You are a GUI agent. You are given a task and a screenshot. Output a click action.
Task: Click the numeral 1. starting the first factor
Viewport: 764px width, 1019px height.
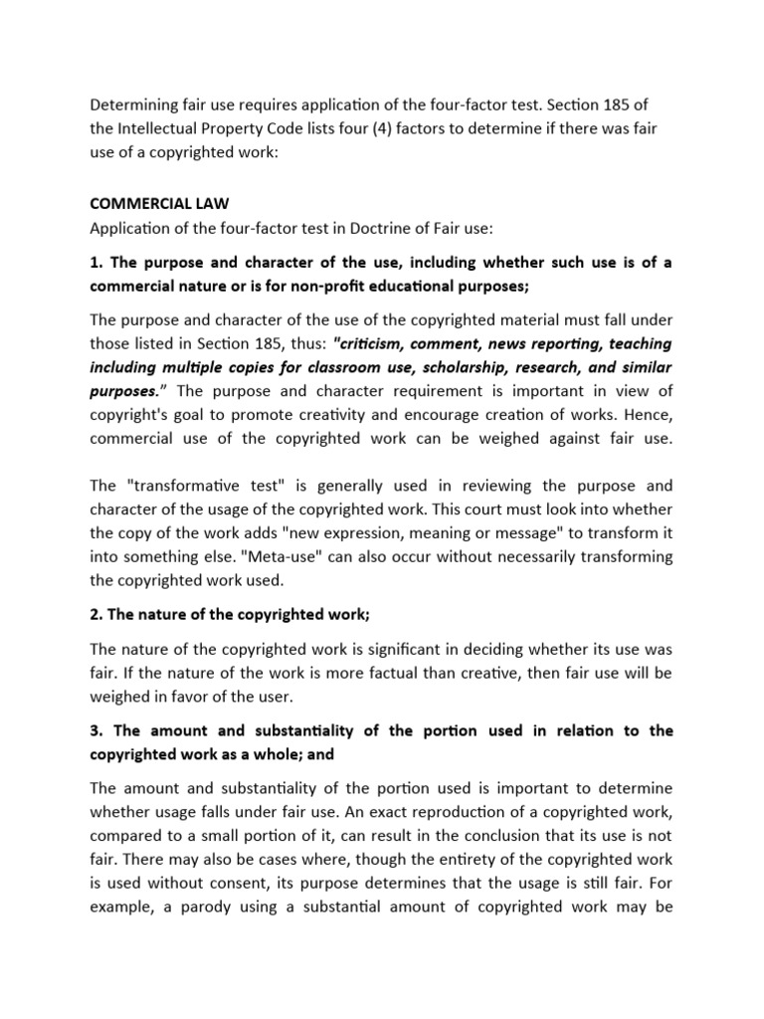[x=96, y=264]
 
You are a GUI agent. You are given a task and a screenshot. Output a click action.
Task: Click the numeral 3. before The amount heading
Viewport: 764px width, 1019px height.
[x=96, y=730]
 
